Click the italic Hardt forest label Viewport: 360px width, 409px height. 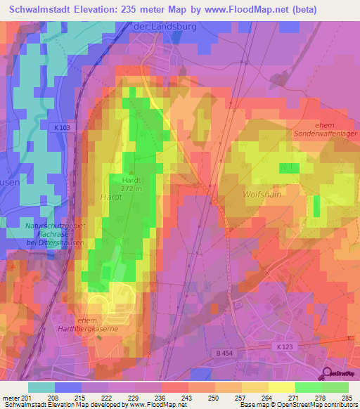pyautogui.click(x=111, y=197)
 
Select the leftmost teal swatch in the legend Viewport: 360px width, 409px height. pyautogui.click(x=41, y=387)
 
